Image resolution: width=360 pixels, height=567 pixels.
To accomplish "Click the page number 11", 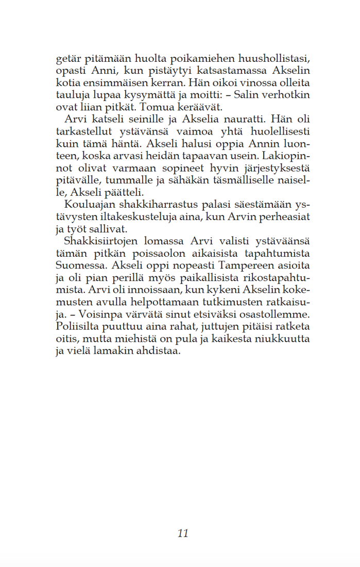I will point(183,533).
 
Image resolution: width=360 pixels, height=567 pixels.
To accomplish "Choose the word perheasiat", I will point(285,217).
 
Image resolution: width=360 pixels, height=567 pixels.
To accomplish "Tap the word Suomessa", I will point(77,266).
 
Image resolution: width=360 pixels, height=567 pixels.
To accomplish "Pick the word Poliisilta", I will point(77,328).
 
